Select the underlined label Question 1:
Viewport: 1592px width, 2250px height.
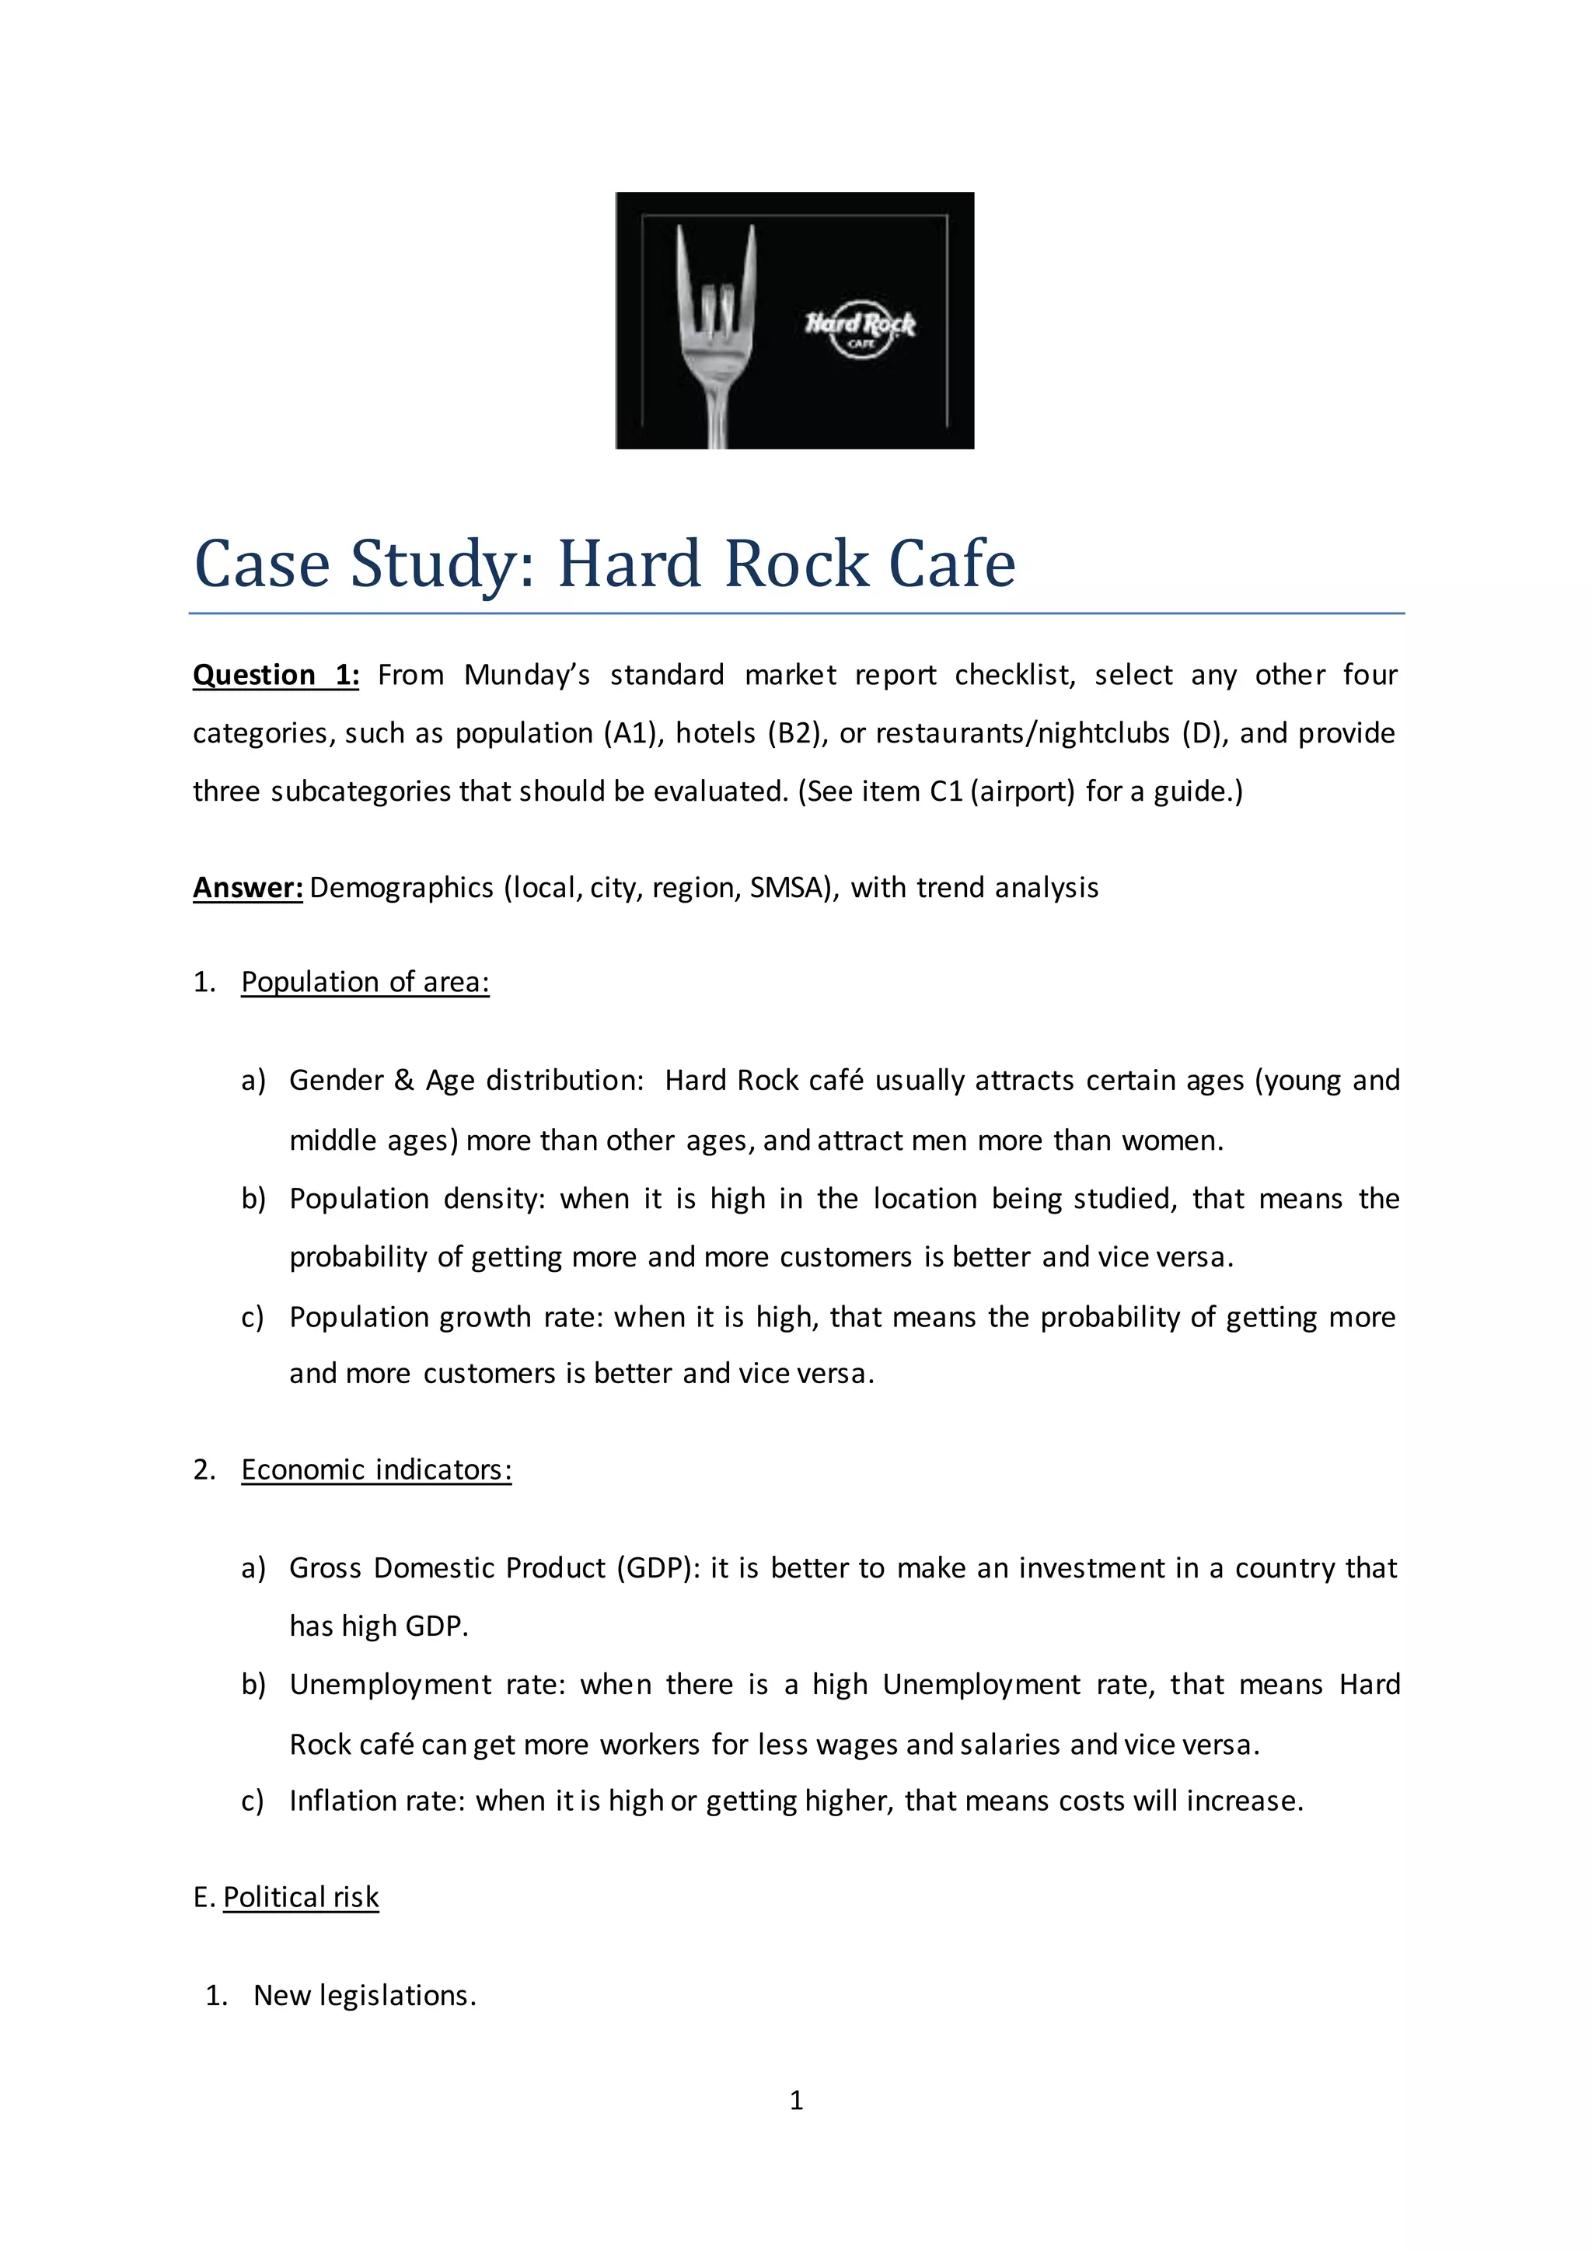tap(275, 676)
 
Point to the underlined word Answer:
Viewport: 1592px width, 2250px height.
tap(248, 888)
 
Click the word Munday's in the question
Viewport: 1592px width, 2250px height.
tap(526, 676)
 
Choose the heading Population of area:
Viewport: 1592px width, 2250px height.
tap(365, 983)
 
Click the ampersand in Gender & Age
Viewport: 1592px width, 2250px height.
tap(404, 1081)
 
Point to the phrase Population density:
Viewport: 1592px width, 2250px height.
tap(417, 1199)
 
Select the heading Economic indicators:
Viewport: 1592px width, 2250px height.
tap(376, 1471)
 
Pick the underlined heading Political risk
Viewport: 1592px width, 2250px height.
tap(300, 1898)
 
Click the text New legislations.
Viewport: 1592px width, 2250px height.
tap(365, 1996)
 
